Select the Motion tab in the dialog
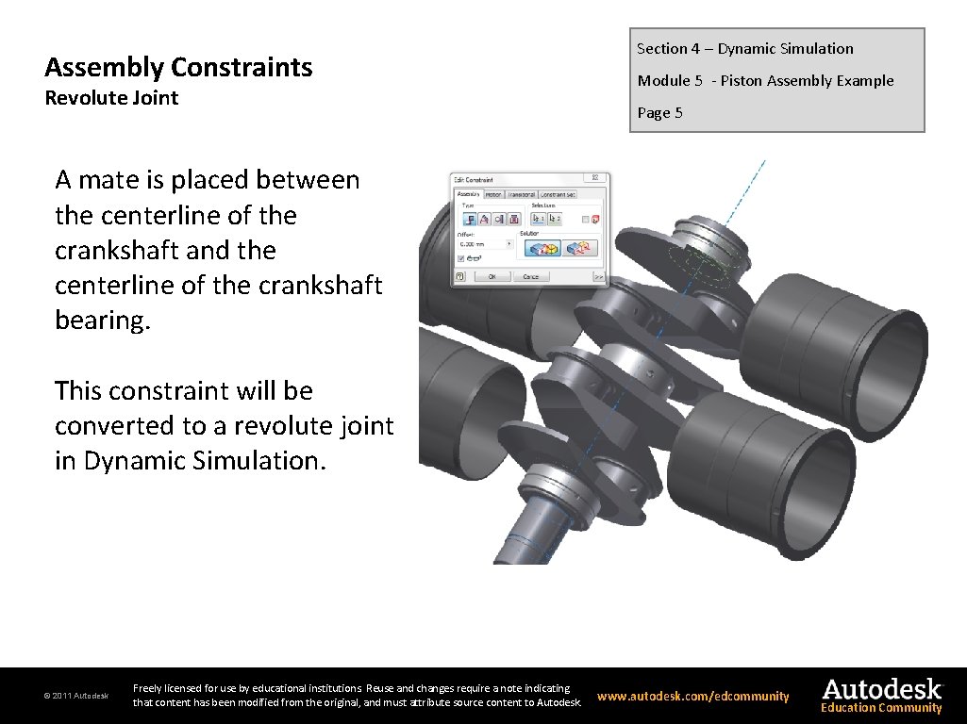[x=493, y=195]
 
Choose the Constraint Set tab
[x=558, y=195]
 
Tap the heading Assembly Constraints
[x=178, y=67]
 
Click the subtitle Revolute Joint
[x=111, y=98]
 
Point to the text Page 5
[x=659, y=113]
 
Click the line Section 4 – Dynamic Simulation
[x=744, y=49]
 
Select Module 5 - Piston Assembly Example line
[x=765, y=81]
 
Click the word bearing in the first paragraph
[x=102, y=321]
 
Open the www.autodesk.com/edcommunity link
[x=692, y=697]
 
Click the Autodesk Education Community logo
[x=881, y=696]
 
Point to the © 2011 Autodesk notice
[x=75, y=697]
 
